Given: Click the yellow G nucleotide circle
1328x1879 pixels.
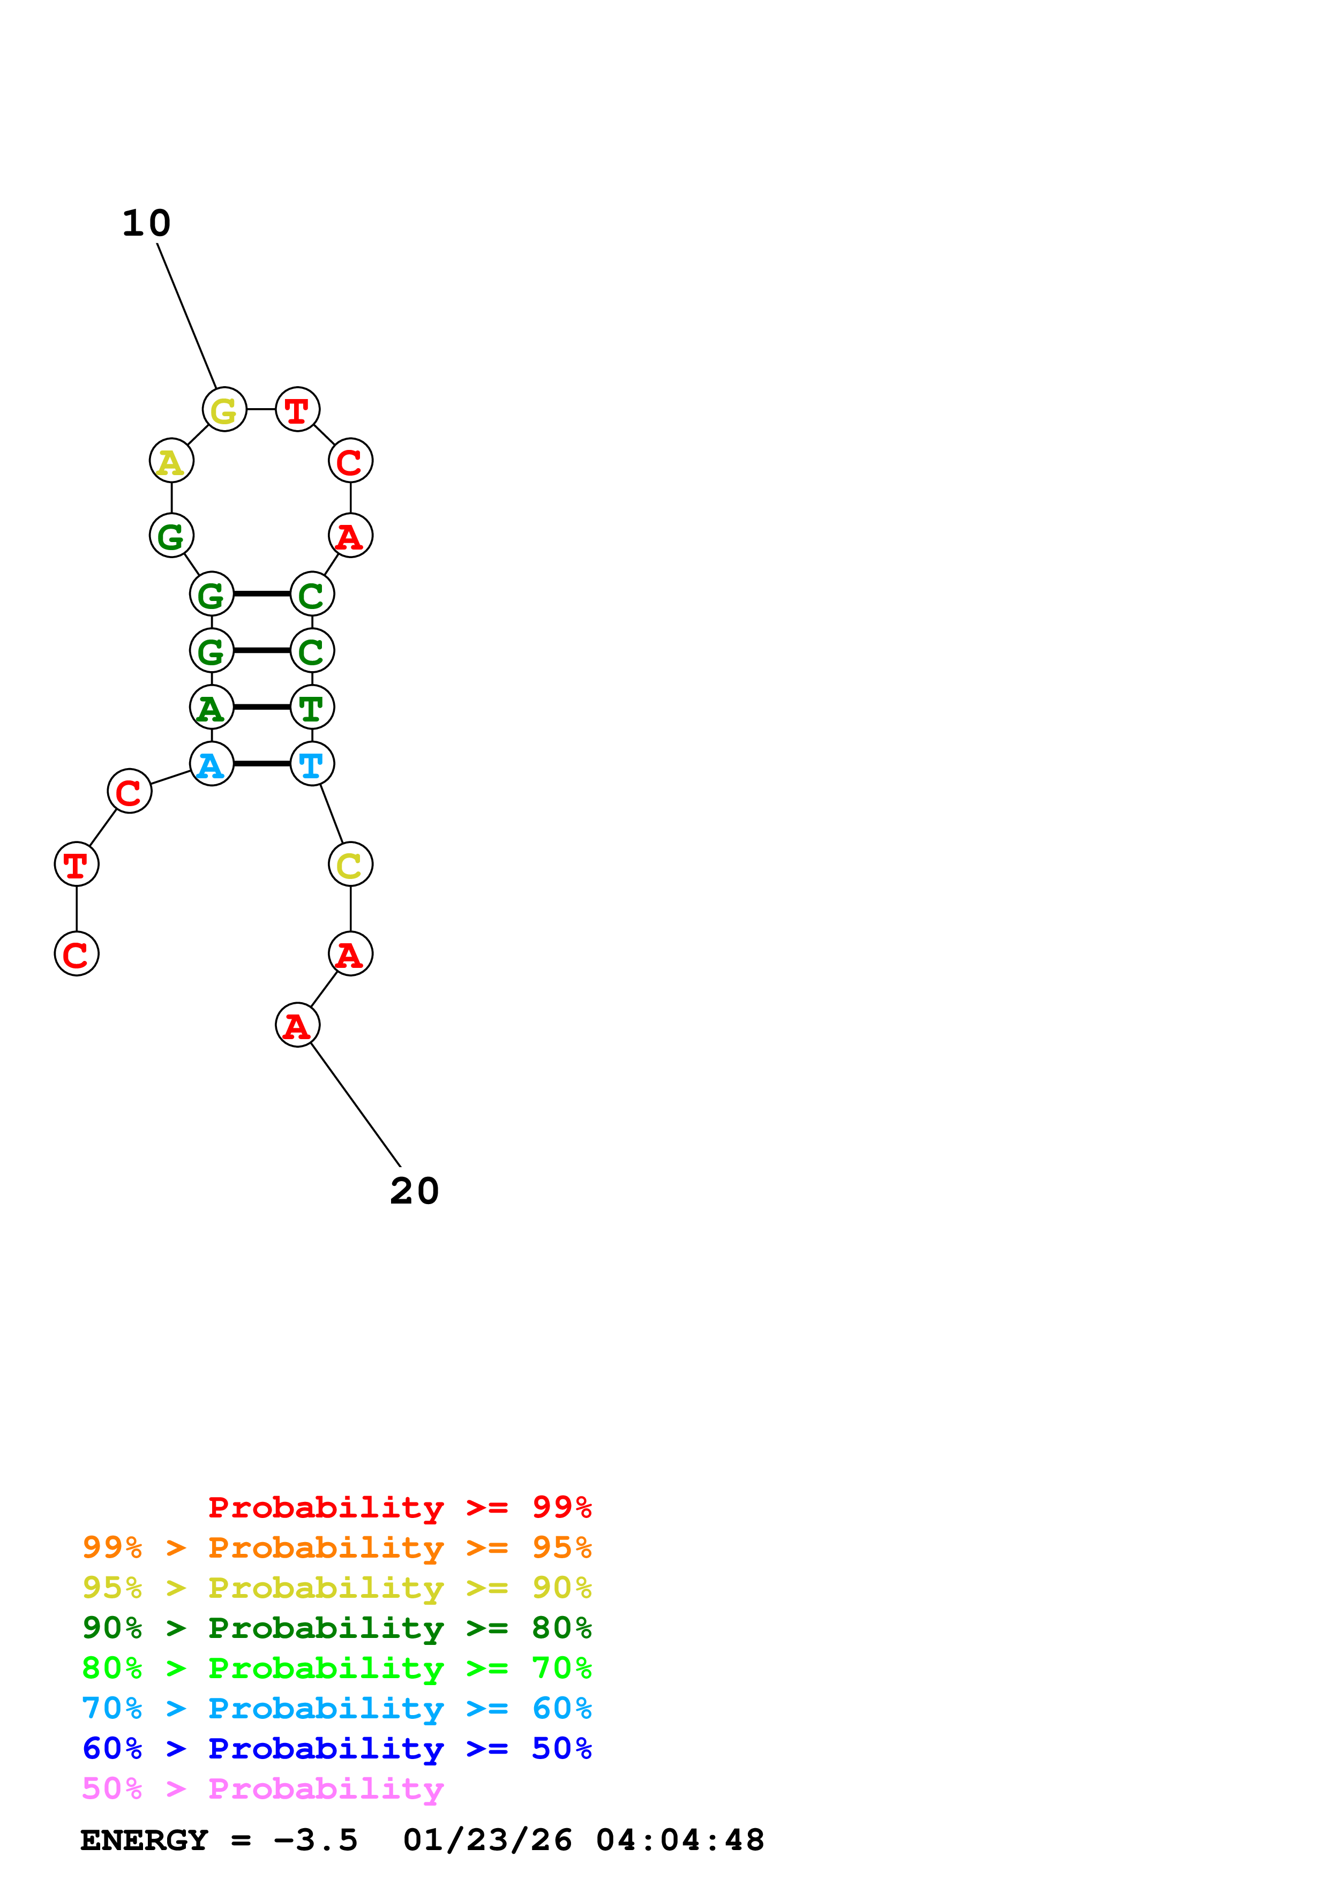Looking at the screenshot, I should coord(224,409).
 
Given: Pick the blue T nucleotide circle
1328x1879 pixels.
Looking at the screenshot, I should coord(312,764).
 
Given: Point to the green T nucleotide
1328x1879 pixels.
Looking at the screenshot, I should coord(312,707).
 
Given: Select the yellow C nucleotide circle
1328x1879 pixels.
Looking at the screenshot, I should coord(350,864).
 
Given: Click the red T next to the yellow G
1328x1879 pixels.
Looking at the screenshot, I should coord(297,409).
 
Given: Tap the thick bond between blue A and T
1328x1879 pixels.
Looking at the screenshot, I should coord(262,764).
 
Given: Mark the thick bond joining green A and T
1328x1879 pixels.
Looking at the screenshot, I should coord(262,707).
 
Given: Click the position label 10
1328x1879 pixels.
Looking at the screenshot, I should coord(146,223).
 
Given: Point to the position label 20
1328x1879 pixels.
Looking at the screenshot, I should coord(414,1192).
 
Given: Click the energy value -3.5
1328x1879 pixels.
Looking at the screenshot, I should coord(316,1840).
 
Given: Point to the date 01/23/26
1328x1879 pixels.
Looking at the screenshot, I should coord(487,1840).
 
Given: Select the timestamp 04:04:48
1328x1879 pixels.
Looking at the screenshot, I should coord(680,1840).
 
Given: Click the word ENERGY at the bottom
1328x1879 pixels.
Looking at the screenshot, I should coord(144,1840).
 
